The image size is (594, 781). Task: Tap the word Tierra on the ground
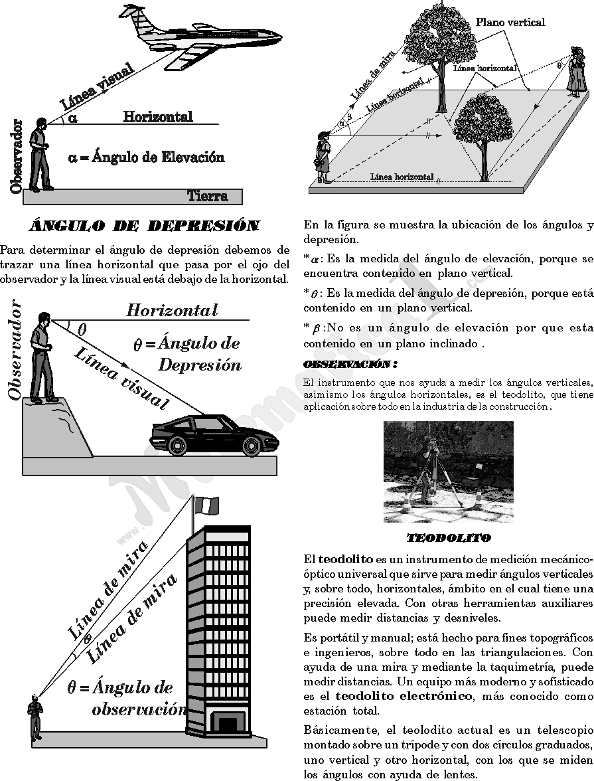point(207,196)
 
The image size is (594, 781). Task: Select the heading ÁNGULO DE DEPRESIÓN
point(144,226)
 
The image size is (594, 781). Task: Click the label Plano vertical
point(510,23)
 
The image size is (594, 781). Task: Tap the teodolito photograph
point(448,472)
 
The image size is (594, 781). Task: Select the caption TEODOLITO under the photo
point(449,537)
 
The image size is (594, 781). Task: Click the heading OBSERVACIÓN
point(350,365)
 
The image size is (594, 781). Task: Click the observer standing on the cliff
point(44,358)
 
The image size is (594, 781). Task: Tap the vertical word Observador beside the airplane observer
point(16,157)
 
